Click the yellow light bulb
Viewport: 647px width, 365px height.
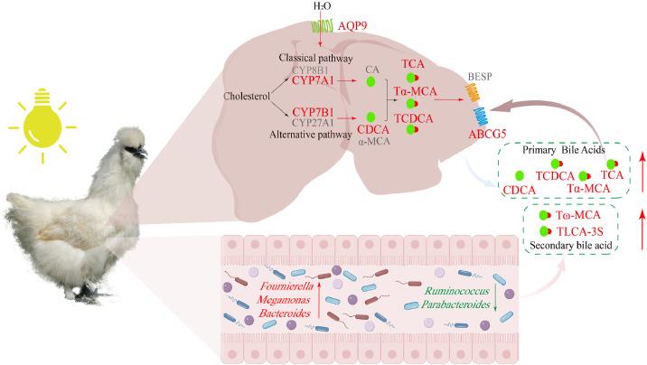point(41,119)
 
